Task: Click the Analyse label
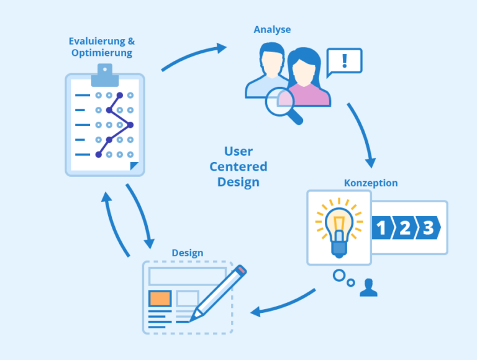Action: click(272, 30)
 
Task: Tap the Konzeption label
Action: click(371, 183)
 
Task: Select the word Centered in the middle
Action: click(238, 166)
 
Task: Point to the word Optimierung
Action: click(102, 53)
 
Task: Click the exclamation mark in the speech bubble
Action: click(344, 61)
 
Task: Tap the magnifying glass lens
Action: click(279, 102)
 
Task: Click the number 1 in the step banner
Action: click(381, 227)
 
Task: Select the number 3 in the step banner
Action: click(429, 227)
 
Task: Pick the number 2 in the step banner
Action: click(405, 227)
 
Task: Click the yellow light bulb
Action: click(339, 228)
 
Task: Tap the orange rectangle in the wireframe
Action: click(160, 299)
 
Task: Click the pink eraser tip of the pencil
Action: click(242, 270)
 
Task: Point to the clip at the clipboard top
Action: click(105, 75)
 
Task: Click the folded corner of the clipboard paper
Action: click(134, 166)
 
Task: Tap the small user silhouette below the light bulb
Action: click(368, 287)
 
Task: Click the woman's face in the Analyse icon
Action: click(303, 73)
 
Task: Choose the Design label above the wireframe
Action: click(188, 253)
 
